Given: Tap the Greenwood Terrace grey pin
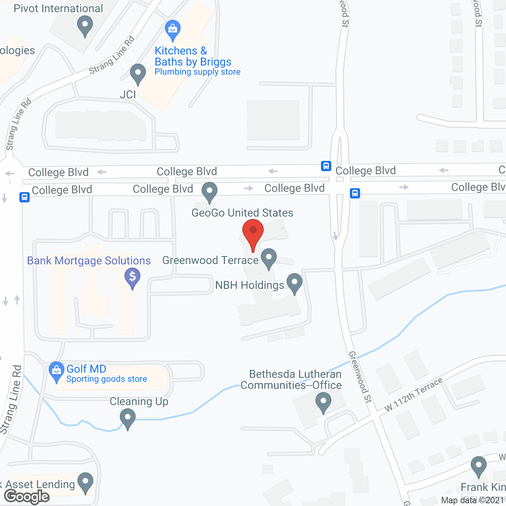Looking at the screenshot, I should pos(269,258).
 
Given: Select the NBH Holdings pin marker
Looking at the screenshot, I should pos(295,283).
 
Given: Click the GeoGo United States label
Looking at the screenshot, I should pos(242,213).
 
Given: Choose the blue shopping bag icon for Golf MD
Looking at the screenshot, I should pos(57,372).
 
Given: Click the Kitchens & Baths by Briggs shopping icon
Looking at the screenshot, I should pos(172,30).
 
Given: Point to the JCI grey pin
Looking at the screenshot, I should pos(138,74).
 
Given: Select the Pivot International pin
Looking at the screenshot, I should pos(85,26).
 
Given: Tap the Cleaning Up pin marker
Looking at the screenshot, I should pos(127,418).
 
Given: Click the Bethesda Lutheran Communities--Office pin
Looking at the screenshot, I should pos(323,402).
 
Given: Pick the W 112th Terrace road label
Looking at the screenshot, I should pos(413,395).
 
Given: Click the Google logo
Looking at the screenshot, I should pos(27,497).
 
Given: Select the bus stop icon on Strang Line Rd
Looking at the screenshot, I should pos(25,197).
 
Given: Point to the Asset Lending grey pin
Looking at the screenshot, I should pos(85,482).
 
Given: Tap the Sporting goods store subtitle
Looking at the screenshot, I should pos(107,379).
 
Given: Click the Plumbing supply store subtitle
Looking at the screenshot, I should pos(198,72).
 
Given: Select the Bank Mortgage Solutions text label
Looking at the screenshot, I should pos(89,261).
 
